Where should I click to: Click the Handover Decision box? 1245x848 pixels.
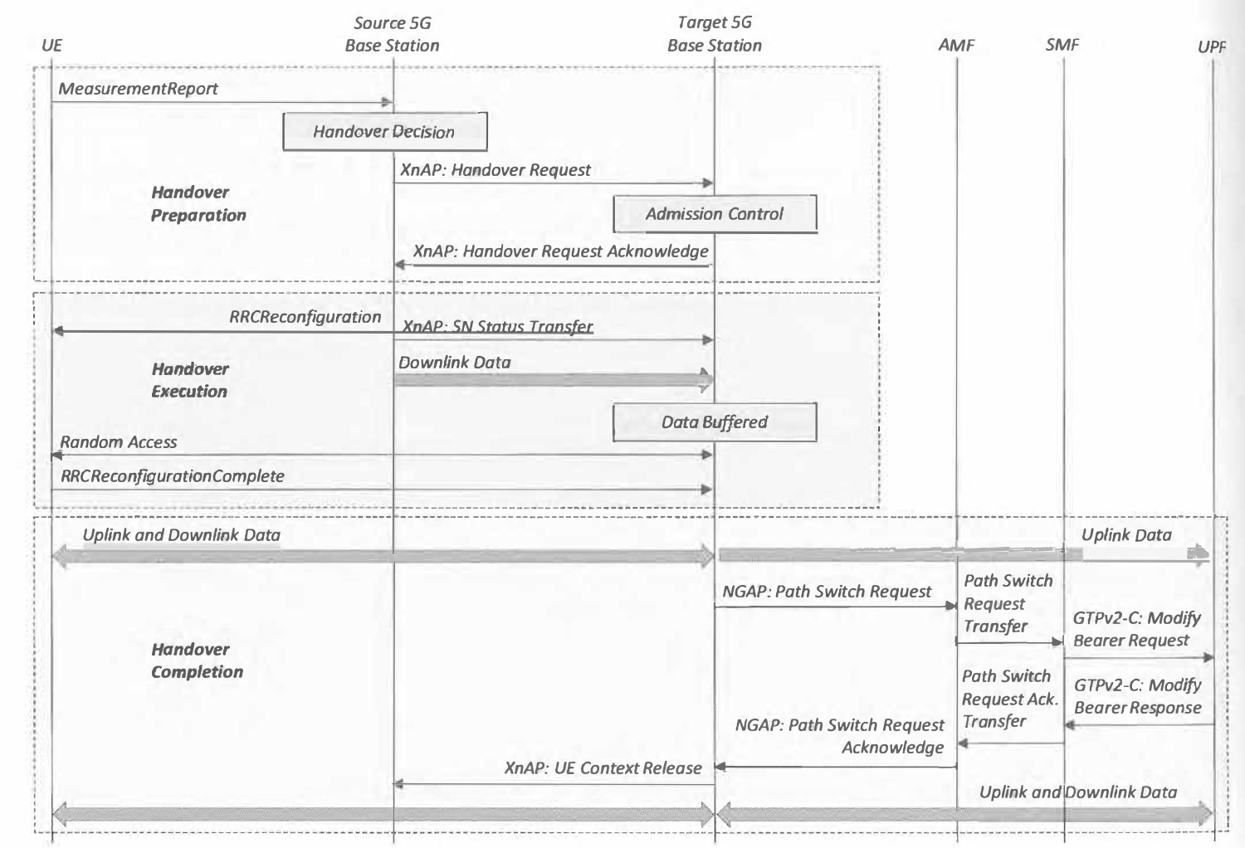click(x=384, y=132)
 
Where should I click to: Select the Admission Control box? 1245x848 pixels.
click(x=715, y=214)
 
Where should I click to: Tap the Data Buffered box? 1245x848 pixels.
click(x=715, y=422)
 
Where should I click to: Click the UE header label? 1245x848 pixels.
click(x=51, y=45)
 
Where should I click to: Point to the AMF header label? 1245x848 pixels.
click(x=956, y=45)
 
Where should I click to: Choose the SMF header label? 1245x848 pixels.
click(x=1062, y=45)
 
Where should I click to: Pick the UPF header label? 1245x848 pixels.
click(x=1212, y=46)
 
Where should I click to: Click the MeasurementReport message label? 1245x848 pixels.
click(x=138, y=89)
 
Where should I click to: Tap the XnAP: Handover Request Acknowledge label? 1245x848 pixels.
click(x=560, y=251)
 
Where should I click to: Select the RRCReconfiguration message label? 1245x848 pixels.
click(x=305, y=317)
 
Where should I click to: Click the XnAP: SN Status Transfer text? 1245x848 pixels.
click(x=497, y=326)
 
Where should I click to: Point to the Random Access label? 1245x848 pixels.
click(x=119, y=442)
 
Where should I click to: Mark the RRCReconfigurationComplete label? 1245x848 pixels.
click(x=173, y=476)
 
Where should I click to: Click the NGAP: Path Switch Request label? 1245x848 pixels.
click(x=827, y=592)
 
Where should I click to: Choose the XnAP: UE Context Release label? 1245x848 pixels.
click(x=603, y=768)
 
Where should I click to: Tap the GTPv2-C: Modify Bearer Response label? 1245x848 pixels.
click(x=1138, y=696)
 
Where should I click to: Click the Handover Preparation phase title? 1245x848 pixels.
click(x=198, y=204)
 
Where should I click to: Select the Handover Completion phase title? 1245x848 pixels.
click(x=198, y=660)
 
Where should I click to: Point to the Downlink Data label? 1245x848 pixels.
click(x=454, y=363)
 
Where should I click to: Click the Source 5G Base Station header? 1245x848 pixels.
click(x=393, y=34)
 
